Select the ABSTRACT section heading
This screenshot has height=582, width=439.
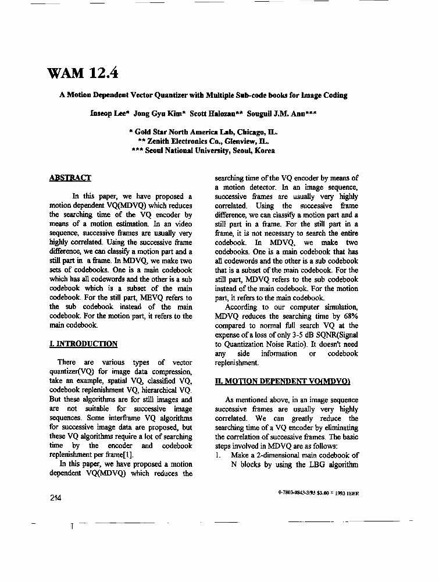point(70,178)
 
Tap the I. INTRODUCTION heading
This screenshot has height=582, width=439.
point(84,344)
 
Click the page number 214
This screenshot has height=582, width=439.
point(56,498)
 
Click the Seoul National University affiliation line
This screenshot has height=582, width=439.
point(204,150)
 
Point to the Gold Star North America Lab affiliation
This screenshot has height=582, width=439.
point(204,132)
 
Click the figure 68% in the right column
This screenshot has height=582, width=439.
point(350,317)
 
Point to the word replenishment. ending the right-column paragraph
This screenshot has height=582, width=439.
point(236,363)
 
